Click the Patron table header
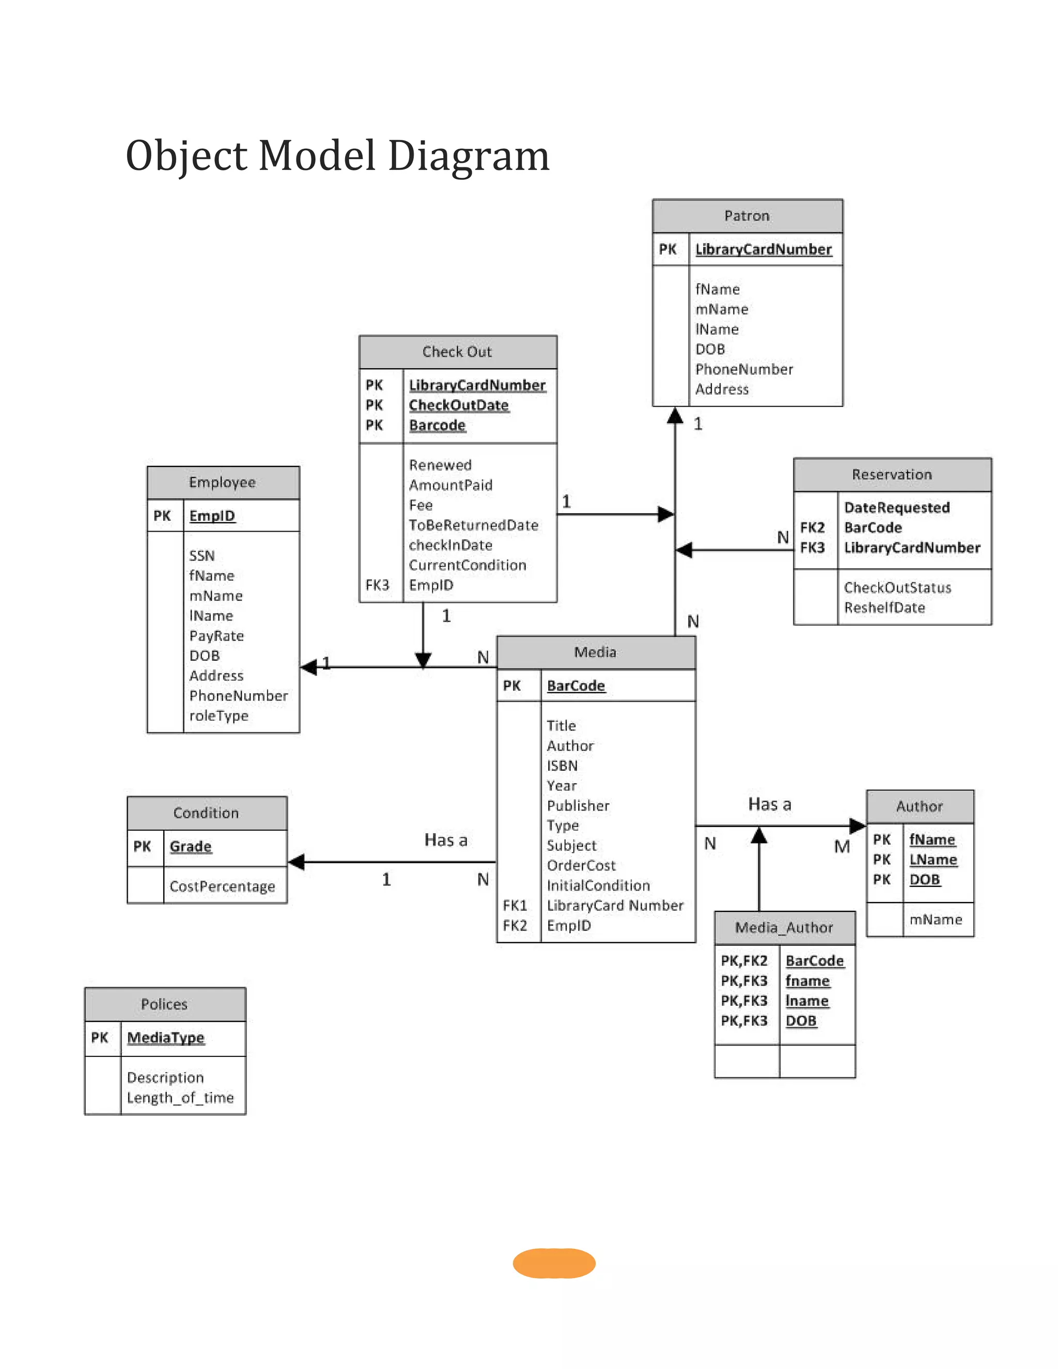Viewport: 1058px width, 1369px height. pos(746,215)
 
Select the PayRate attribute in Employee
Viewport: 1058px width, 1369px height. pos(216,635)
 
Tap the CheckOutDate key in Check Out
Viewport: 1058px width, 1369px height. pos(458,405)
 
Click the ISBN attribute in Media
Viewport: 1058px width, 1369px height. pos(562,766)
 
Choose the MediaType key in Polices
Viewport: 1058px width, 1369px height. pos(165,1037)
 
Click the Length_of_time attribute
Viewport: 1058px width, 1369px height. pos(180,1098)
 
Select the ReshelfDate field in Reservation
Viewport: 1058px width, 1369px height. pos(884,608)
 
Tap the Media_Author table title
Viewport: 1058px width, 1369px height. pos(784,928)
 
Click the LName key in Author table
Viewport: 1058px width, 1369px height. pos(932,860)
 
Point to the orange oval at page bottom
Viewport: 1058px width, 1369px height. pos(553,1263)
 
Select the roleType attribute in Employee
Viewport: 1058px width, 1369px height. pos(219,715)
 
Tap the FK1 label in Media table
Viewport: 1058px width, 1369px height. pos(515,905)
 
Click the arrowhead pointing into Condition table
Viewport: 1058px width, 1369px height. pos(297,862)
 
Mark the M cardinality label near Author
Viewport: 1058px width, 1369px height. pos(842,847)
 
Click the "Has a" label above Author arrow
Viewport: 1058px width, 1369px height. pos(769,804)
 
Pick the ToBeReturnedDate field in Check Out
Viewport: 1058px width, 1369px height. pos(473,525)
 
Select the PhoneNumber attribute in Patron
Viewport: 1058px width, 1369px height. pos(743,369)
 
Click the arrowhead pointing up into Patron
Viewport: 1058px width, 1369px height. pos(674,415)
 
